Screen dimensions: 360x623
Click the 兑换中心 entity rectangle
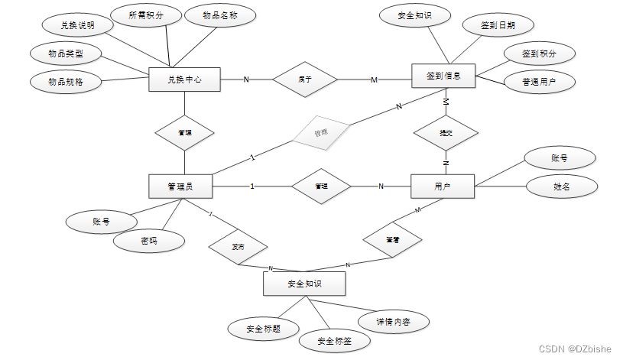point(184,79)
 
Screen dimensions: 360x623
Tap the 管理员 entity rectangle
point(180,186)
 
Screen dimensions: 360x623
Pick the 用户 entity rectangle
point(443,186)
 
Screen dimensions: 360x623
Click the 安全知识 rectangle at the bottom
point(303,284)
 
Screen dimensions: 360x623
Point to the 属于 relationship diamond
point(305,79)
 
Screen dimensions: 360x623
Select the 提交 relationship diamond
point(445,132)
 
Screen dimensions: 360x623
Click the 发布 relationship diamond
point(238,248)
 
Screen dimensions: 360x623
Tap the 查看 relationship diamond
point(392,240)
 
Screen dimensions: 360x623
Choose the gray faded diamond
point(321,133)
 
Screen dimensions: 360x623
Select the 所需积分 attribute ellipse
point(146,15)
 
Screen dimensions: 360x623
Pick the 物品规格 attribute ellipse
point(66,80)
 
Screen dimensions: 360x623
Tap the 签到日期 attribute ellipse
point(498,25)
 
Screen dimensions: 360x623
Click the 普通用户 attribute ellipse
point(538,82)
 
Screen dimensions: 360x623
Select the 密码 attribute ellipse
point(149,241)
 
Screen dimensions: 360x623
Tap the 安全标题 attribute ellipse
point(263,329)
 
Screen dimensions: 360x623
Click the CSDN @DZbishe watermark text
point(575,349)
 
